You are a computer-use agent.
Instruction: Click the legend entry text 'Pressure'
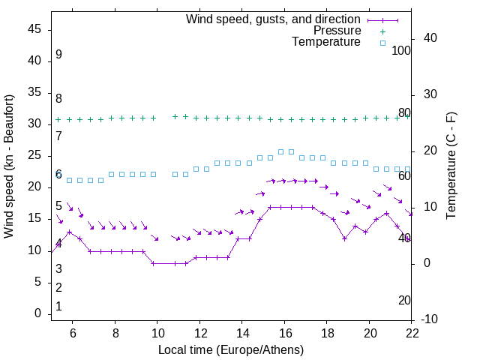click(337, 31)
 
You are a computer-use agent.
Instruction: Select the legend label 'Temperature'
click(326, 42)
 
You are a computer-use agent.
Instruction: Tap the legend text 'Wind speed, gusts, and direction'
click(274, 19)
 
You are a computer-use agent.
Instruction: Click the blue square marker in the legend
click(382, 43)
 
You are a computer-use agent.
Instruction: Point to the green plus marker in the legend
click(382, 31)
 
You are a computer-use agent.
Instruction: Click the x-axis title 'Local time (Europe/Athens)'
click(231, 349)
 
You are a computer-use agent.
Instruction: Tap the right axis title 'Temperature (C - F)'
click(451, 166)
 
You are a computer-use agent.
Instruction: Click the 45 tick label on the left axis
click(34, 28)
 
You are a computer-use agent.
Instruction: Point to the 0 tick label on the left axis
click(38, 313)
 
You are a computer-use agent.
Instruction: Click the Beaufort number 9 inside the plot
click(58, 55)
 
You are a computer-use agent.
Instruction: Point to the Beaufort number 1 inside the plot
click(58, 306)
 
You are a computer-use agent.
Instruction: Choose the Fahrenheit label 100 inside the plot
click(401, 50)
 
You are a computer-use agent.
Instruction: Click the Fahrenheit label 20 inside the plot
click(404, 300)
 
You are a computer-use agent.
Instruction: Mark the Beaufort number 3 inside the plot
click(58, 268)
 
